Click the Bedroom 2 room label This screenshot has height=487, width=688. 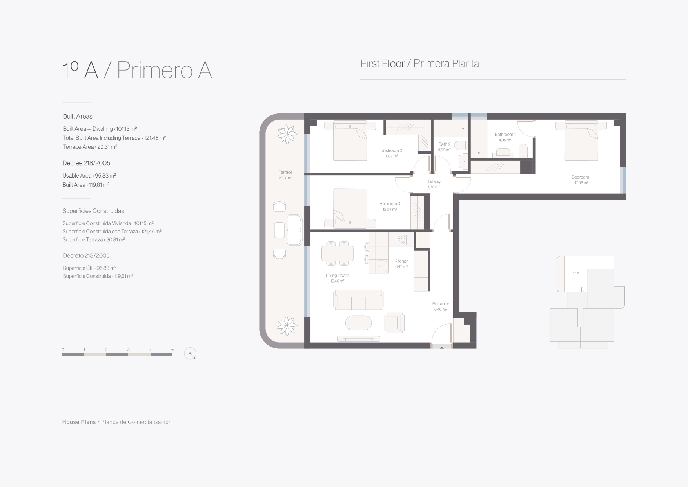[x=392, y=150]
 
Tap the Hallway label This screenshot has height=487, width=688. [x=433, y=181]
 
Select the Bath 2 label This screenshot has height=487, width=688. [x=444, y=144]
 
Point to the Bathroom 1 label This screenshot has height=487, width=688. [x=505, y=134]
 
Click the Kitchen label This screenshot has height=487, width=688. [x=401, y=261]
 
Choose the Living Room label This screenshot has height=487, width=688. [x=337, y=275]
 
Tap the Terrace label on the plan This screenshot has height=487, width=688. [x=286, y=172]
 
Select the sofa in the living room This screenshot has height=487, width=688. [x=358, y=300]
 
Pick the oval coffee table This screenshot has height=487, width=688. [x=358, y=323]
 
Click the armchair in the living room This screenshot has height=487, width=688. [x=394, y=323]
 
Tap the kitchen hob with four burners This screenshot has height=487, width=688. [x=401, y=240]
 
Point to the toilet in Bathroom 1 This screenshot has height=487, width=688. [x=523, y=151]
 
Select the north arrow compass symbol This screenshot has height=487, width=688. [x=190, y=354]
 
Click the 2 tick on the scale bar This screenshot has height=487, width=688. [x=106, y=350]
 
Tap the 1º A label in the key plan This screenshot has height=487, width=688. [x=576, y=274]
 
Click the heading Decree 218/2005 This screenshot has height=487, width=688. [x=86, y=163]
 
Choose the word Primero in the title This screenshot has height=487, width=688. [x=154, y=71]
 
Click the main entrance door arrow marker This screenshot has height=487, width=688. [x=441, y=347]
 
